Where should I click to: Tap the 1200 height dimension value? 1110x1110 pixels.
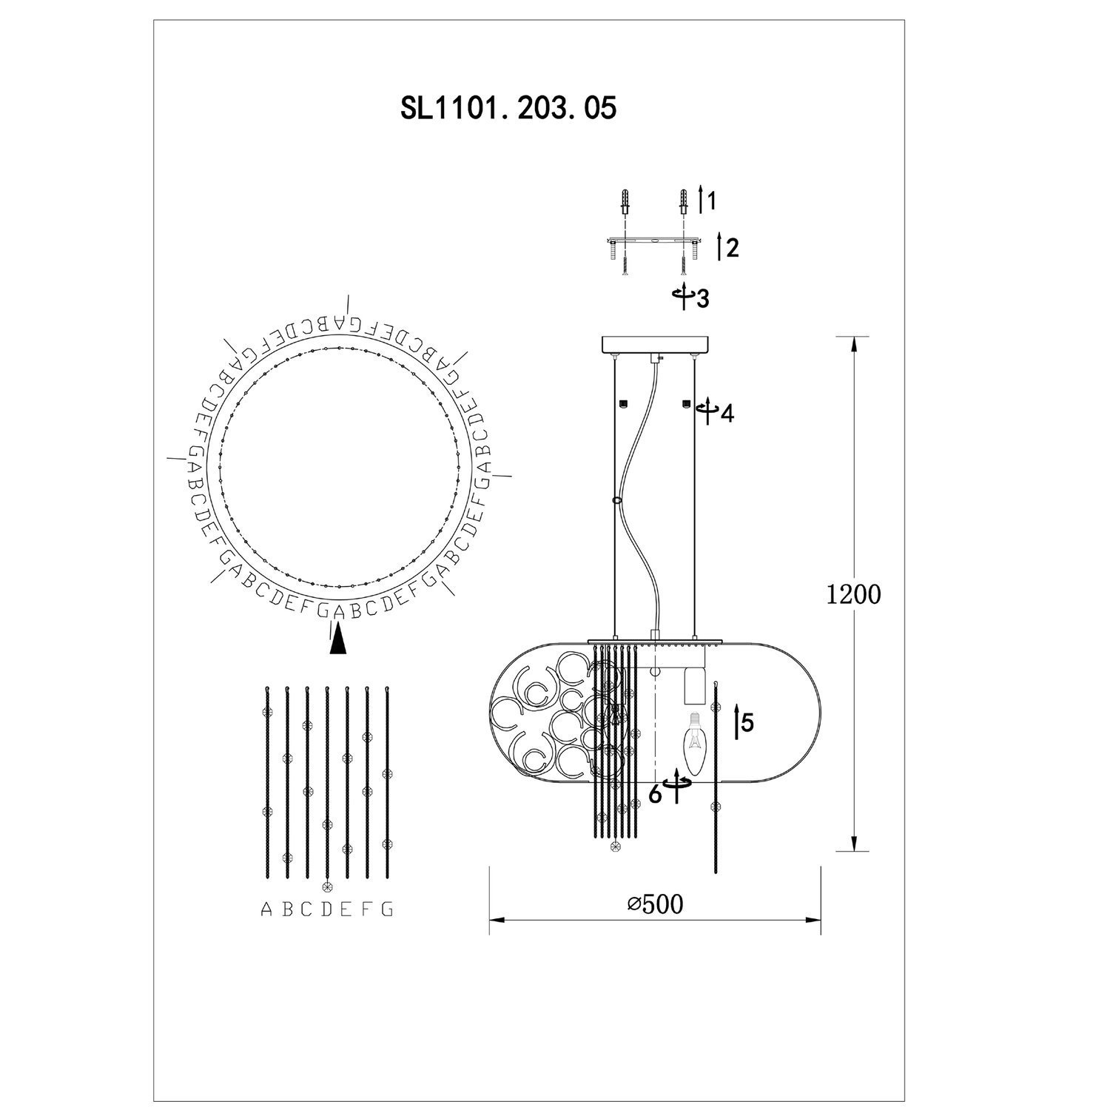click(x=855, y=594)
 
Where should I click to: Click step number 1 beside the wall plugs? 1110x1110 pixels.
click(x=711, y=201)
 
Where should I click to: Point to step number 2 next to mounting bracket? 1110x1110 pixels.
click(x=733, y=248)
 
